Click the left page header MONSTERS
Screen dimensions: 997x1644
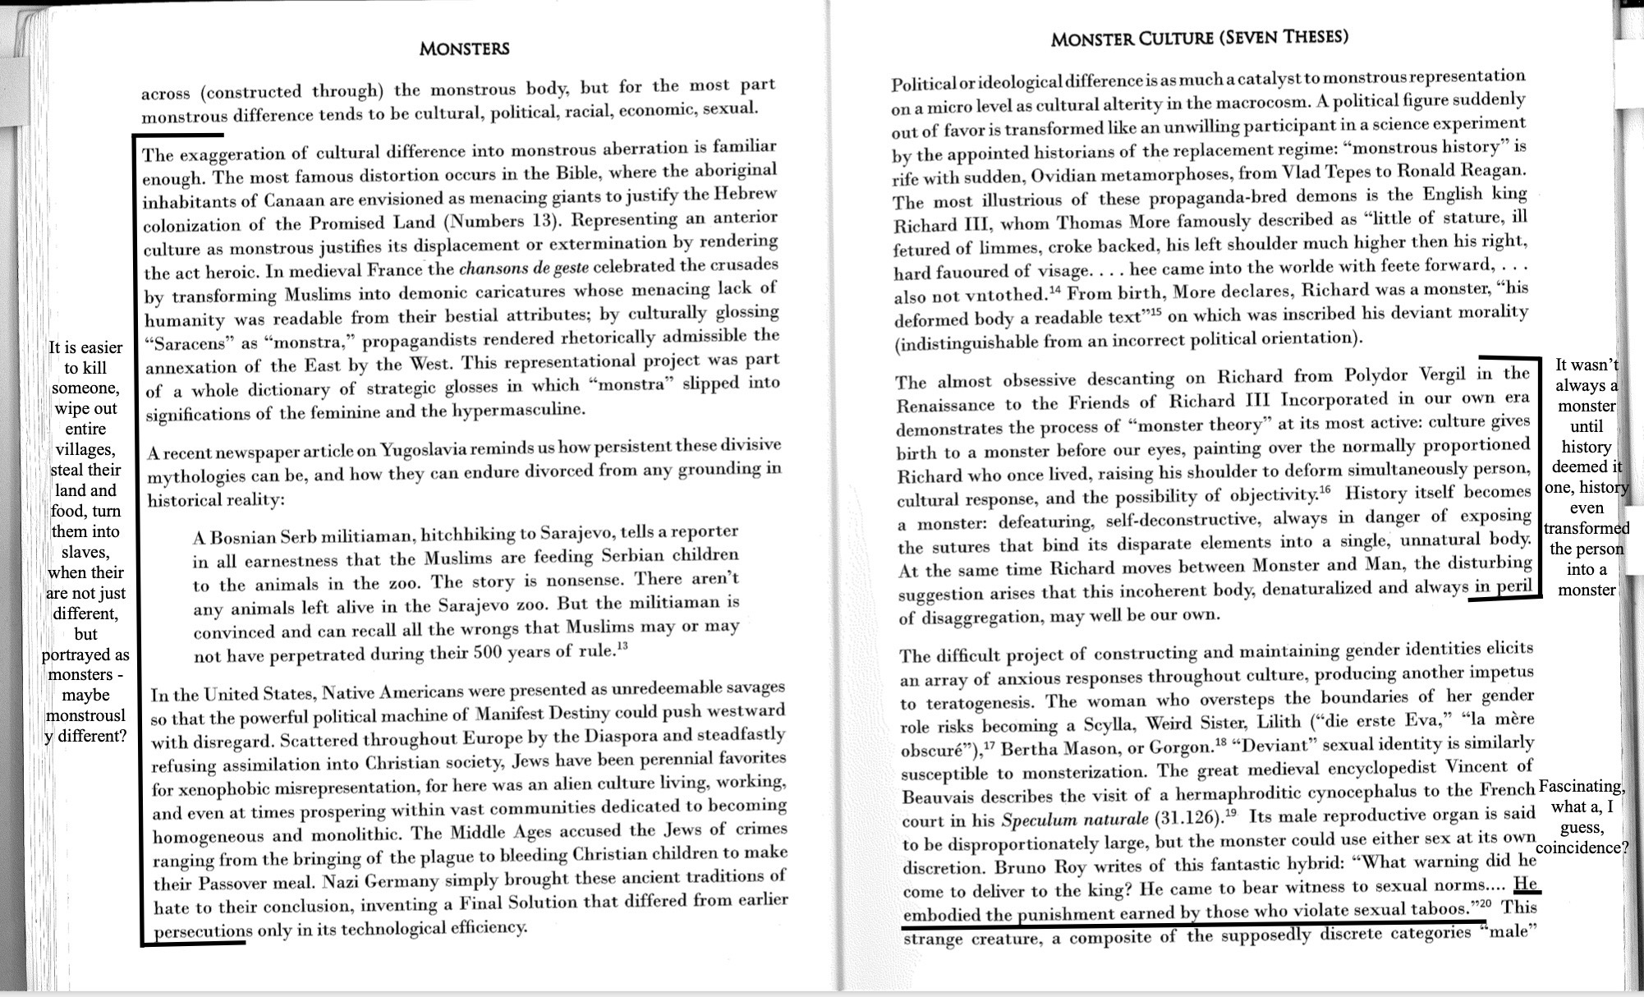tap(464, 48)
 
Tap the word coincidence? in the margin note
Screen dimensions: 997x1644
tap(1582, 848)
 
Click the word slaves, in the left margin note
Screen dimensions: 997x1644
tap(85, 552)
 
